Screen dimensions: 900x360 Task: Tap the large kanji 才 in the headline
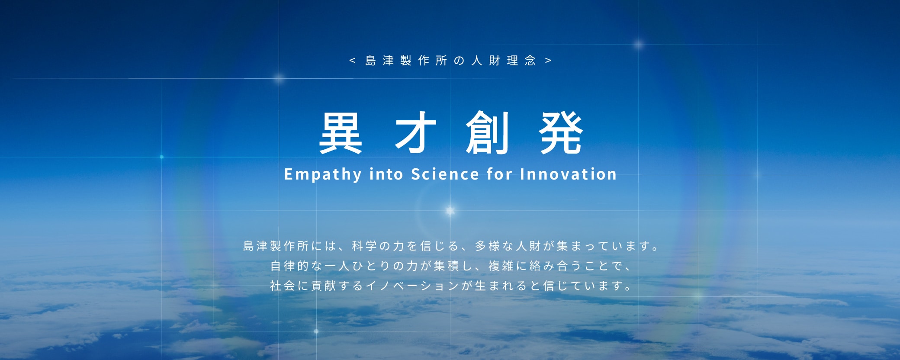click(x=415, y=132)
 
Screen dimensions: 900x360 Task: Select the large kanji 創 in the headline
click(x=487, y=132)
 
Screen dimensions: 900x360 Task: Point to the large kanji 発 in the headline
click(x=561, y=132)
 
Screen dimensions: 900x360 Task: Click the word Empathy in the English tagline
click(x=323, y=174)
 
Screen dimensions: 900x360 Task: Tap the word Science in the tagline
click(x=445, y=174)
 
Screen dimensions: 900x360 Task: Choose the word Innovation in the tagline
click(x=568, y=174)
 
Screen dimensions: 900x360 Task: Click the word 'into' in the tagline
click(x=386, y=174)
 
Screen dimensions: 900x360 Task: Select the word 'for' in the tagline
click(x=500, y=174)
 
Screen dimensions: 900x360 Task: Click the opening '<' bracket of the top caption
click(x=352, y=61)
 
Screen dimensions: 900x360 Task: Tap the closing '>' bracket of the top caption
click(x=548, y=61)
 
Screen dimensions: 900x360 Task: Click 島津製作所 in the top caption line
click(x=406, y=61)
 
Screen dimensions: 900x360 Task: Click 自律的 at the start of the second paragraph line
click(x=290, y=266)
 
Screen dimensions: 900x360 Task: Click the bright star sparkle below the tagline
click(x=450, y=211)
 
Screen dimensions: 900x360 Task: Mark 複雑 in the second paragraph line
click(x=501, y=266)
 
